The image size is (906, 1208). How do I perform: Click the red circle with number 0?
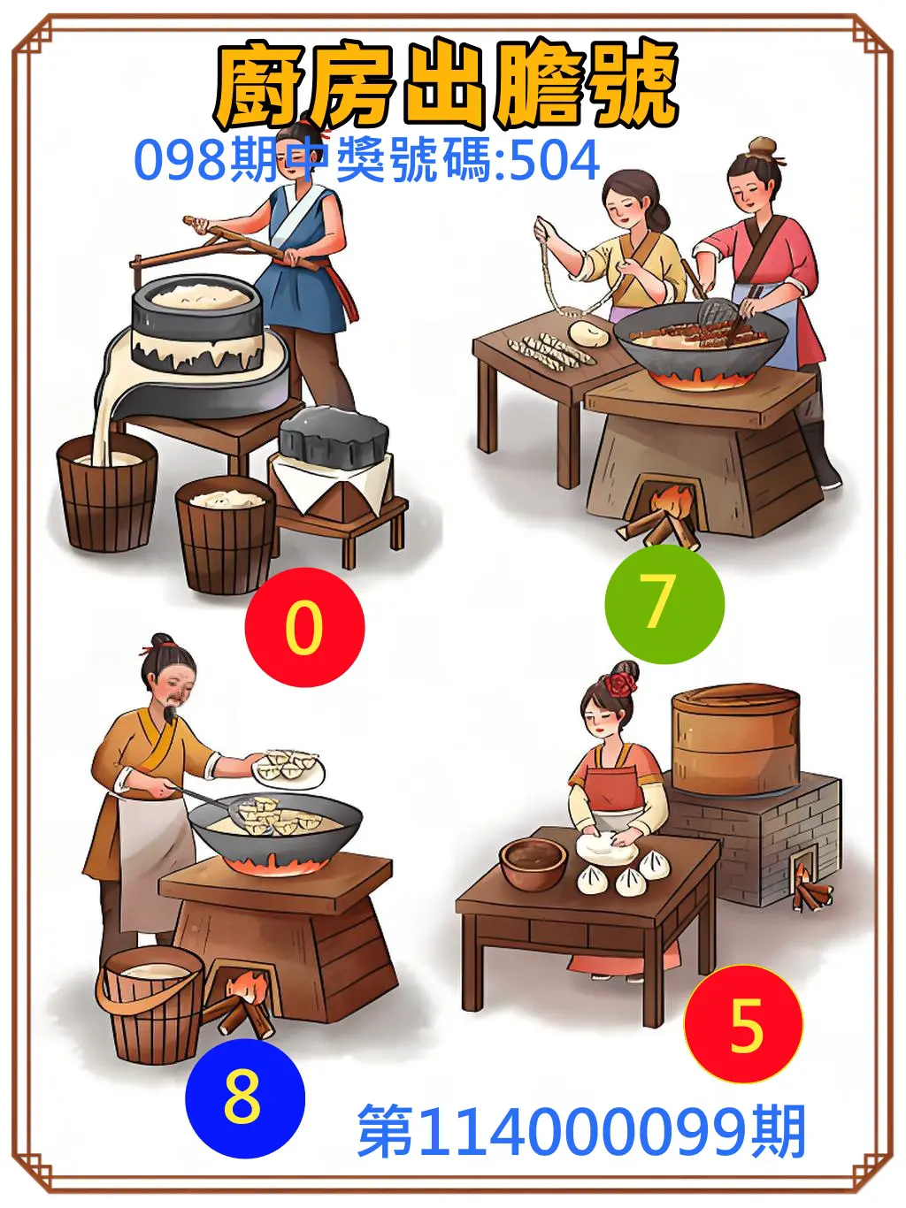[x=304, y=627]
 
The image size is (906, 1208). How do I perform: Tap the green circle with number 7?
[x=664, y=603]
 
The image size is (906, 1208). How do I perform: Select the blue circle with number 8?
[x=244, y=1097]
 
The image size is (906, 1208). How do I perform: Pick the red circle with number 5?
[x=743, y=1024]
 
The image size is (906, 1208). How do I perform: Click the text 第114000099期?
[x=581, y=1132]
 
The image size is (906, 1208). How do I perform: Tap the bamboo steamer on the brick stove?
[x=735, y=739]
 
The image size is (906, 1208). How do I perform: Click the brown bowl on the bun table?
[x=533, y=862]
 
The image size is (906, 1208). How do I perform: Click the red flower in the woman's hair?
[x=622, y=684]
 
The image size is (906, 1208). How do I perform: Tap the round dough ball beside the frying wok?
[x=588, y=333]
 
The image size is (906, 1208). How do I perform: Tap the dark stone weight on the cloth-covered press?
[x=334, y=436]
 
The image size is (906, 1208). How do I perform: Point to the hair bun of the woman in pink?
[x=762, y=146]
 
